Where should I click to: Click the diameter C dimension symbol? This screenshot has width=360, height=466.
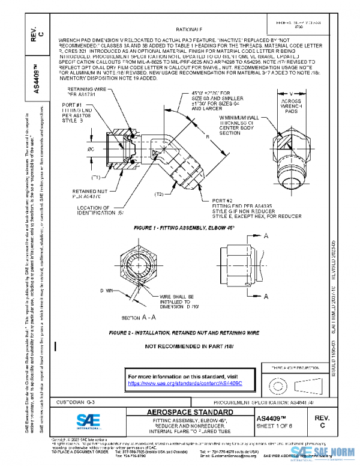point(91,148)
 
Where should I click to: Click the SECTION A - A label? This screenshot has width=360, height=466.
point(137,316)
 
